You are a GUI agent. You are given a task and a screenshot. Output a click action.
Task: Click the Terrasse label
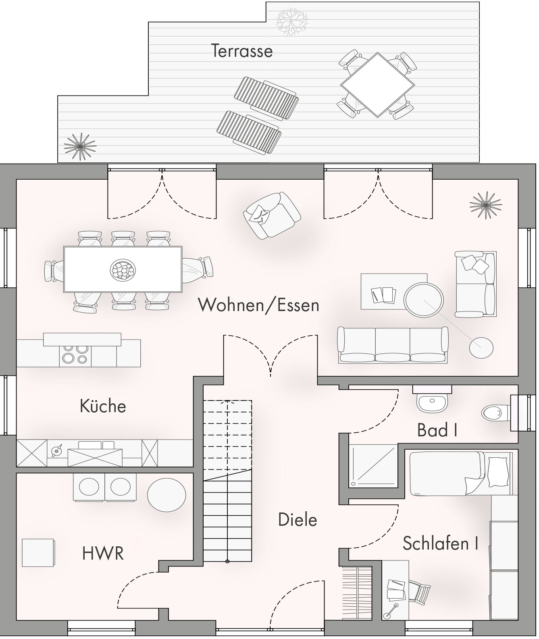[x=242, y=51]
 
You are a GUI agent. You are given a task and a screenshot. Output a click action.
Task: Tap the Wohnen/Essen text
[x=259, y=305]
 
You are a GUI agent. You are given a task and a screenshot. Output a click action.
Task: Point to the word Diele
[x=298, y=520]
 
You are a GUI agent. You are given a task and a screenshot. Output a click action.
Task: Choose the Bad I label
[x=437, y=430]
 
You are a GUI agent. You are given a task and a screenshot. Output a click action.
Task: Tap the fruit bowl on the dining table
[x=123, y=270]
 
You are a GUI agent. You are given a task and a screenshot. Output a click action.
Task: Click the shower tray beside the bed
[x=373, y=466]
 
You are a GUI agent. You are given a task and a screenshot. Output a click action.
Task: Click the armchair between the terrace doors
[x=272, y=216]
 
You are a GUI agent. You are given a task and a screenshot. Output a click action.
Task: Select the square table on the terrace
[x=377, y=85]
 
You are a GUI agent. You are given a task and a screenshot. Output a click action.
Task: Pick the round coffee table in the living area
[x=423, y=300]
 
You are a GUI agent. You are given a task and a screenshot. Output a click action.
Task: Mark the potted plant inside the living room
[x=486, y=205]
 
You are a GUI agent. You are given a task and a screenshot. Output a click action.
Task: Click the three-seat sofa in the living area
[x=393, y=345]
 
